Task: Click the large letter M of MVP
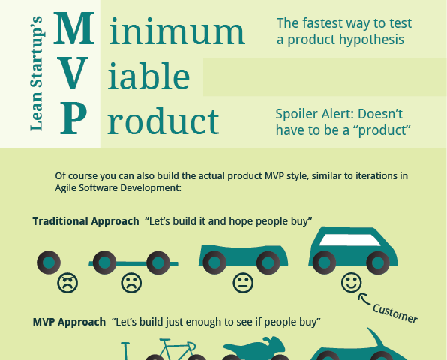click(73, 28)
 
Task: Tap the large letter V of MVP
click(73, 73)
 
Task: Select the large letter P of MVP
click(73, 118)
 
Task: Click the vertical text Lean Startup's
click(37, 73)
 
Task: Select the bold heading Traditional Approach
click(85, 221)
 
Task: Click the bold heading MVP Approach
click(69, 322)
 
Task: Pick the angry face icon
click(67, 283)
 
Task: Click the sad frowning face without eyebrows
click(131, 283)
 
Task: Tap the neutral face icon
click(243, 283)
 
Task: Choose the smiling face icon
click(352, 283)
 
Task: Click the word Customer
click(394, 313)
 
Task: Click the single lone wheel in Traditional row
click(49, 262)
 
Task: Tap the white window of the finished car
click(350, 240)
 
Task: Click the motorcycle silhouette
click(253, 348)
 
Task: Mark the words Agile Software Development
click(117, 188)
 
